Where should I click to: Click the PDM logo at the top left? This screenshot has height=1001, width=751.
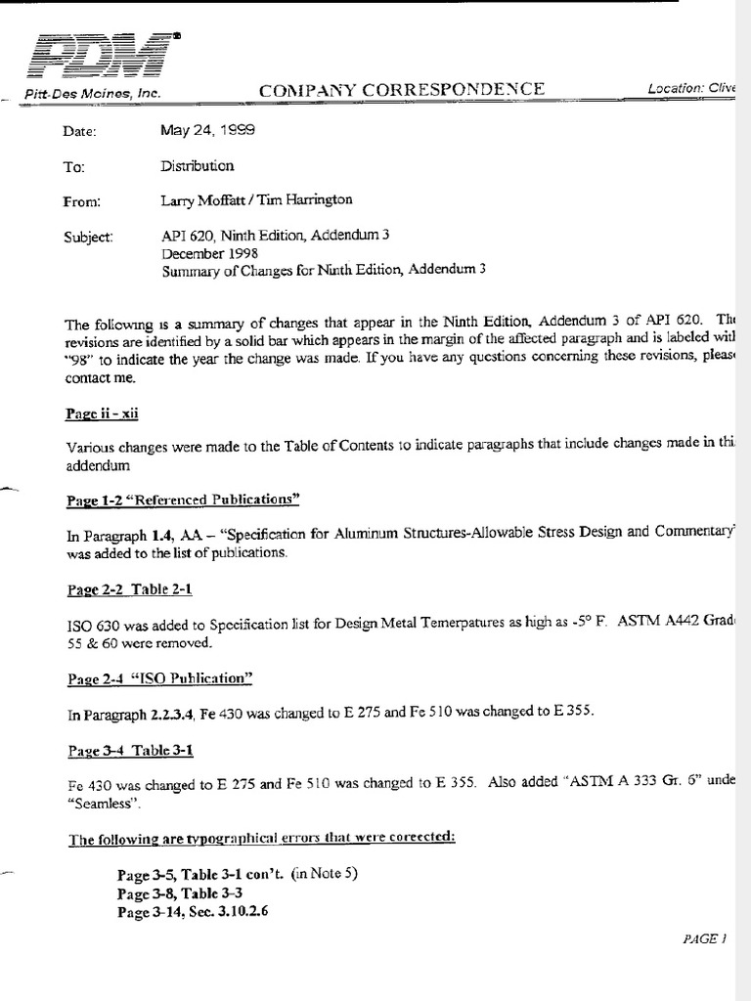click(97, 56)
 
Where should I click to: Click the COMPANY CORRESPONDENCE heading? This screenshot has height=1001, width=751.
click(402, 90)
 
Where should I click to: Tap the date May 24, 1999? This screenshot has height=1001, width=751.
click(210, 128)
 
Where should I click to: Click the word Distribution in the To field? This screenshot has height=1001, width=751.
click(198, 165)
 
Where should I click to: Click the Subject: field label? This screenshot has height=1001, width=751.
click(88, 237)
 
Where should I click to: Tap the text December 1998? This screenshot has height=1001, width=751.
click(210, 253)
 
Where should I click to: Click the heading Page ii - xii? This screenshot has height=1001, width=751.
click(103, 413)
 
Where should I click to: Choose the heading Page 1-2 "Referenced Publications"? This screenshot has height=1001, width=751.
click(182, 500)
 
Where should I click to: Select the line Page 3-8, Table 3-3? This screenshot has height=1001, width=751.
click(180, 893)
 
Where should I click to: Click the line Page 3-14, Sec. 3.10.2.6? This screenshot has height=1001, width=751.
click(193, 911)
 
